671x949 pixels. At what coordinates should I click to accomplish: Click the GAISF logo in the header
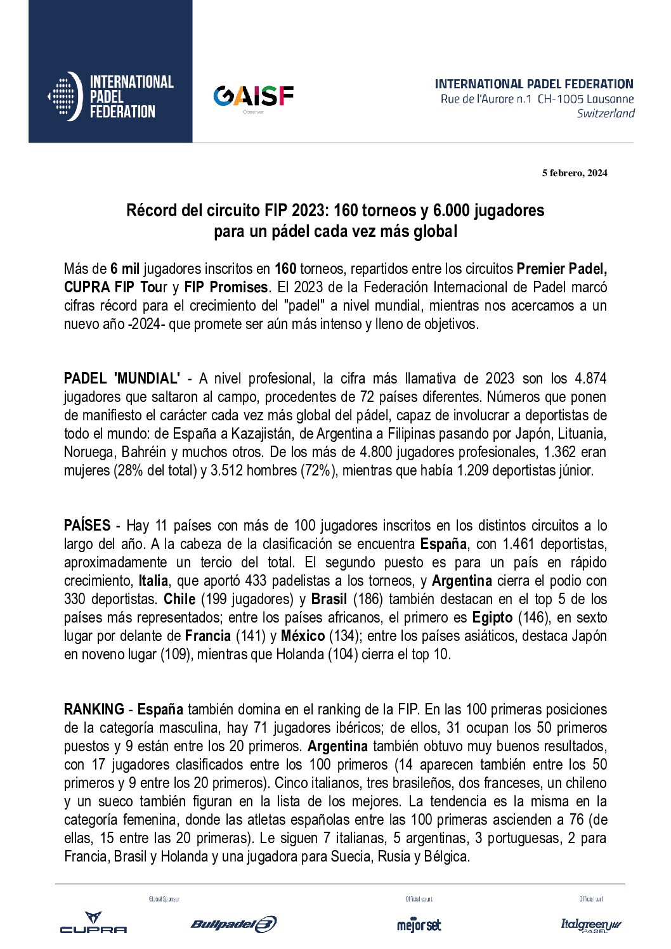(253, 96)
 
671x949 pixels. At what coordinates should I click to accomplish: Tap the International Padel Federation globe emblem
(65, 96)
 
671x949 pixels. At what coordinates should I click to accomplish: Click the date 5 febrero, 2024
(575, 173)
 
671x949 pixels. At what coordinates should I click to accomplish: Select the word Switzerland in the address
(606, 113)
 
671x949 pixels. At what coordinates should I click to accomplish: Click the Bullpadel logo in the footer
(233, 924)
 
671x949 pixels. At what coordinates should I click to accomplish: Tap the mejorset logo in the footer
(419, 925)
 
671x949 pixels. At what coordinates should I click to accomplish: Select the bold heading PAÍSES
(87, 526)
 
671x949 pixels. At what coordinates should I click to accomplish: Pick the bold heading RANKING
(94, 709)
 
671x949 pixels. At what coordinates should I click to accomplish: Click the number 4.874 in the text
(590, 378)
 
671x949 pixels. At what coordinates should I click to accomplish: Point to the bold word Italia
(153, 581)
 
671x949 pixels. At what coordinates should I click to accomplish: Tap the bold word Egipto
(492, 617)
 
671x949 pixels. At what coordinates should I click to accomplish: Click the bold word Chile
(179, 599)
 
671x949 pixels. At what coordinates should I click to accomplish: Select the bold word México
(303, 636)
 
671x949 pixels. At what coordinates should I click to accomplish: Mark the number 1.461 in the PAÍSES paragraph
(518, 544)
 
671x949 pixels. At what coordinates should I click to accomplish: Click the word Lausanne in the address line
(609, 99)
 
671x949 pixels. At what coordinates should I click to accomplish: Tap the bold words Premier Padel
(562, 268)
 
